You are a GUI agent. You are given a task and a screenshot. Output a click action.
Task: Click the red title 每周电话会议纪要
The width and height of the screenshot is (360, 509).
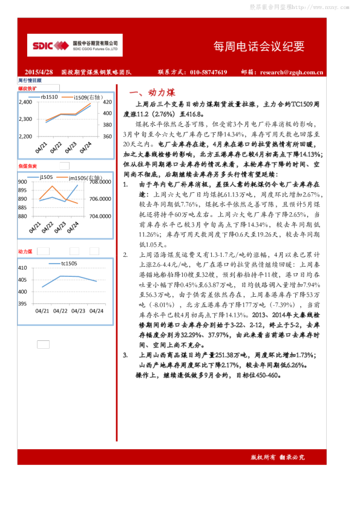click(259, 47)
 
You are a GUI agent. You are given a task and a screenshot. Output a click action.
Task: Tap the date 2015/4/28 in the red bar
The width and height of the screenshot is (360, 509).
click(39, 72)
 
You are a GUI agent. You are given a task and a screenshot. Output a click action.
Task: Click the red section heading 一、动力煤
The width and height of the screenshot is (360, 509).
click(153, 92)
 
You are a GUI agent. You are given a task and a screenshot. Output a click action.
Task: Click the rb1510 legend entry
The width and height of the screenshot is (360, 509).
click(48, 97)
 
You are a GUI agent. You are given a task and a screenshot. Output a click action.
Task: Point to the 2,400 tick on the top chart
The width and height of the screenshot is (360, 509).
click(25, 102)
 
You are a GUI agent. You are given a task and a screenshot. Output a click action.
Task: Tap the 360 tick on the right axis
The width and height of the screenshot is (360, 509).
click(108, 137)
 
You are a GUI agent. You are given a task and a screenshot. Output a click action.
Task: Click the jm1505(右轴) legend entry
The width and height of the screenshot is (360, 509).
click(84, 178)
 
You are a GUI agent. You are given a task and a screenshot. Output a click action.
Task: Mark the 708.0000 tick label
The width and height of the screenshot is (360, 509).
click(101, 181)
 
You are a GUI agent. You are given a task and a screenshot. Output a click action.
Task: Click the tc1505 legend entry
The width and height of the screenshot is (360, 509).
click(69, 263)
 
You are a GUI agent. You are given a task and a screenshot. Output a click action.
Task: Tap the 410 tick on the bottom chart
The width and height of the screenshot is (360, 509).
click(22, 268)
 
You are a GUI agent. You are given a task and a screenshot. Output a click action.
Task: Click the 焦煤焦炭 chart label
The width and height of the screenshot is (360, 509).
click(27, 166)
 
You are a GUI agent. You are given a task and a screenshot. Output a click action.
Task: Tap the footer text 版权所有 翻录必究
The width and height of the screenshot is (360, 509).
click(278, 458)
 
